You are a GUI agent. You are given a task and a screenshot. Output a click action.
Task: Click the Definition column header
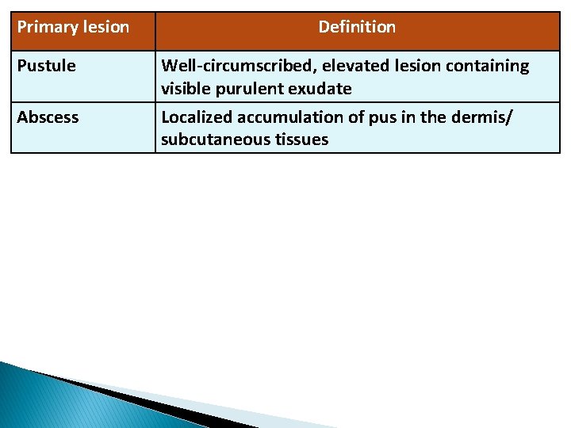tap(357, 27)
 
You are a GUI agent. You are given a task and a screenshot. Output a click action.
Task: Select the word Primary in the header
tap(47, 27)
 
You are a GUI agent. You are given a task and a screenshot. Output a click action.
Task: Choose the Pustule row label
tap(46, 66)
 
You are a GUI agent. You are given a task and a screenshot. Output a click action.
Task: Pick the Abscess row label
tap(48, 117)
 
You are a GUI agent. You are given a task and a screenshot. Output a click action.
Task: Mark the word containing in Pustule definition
tap(487, 66)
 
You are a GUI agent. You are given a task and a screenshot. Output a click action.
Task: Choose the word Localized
tap(194, 117)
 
